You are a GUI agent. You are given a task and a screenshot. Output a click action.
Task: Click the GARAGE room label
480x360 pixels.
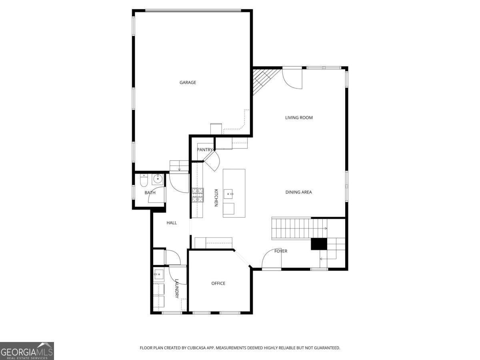pos(188,82)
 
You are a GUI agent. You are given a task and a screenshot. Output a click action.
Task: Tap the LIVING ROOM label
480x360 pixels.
pos(299,118)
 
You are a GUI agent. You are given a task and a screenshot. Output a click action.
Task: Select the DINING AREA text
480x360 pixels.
pos(298,192)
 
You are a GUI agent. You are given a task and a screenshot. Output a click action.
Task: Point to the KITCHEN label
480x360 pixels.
pos(216,198)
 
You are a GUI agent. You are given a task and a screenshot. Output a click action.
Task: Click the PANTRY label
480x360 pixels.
pos(204,150)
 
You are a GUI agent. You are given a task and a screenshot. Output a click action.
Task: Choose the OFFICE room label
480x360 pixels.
pos(218,283)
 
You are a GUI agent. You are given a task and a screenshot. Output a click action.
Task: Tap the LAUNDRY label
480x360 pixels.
pos(176,288)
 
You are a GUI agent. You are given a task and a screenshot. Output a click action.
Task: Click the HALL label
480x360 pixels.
pos(172,223)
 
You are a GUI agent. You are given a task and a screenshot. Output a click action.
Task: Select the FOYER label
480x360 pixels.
pos(281,251)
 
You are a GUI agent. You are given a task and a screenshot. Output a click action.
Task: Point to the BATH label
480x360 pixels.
pos(150,193)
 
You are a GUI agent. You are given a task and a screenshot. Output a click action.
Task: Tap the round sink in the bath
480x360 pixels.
pos(158,179)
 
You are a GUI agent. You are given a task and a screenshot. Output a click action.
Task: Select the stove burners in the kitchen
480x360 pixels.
pos(198,196)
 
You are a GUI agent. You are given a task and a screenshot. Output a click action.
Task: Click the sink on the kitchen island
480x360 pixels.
pos(229,194)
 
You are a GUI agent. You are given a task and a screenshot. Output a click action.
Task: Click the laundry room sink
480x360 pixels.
pos(158,275)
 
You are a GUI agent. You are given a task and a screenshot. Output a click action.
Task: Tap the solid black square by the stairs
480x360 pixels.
pos(319,244)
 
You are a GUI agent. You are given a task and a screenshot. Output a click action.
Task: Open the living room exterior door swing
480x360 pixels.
pos(292,79)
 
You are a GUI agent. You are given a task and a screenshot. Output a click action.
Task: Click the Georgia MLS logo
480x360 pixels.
pos(27,351)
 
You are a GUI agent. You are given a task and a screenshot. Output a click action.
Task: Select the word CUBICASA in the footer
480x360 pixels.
pos(198,348)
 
